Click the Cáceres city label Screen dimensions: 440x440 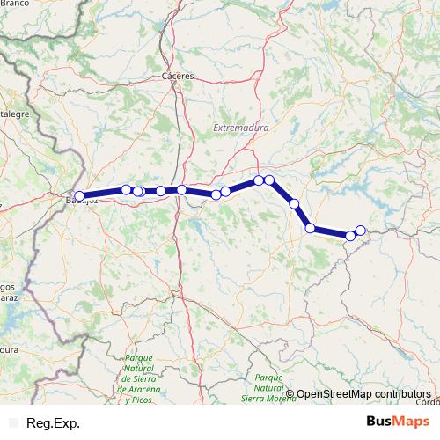[178, 77]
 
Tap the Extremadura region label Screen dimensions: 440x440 [240, 128]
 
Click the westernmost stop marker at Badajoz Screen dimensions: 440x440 [79, 196]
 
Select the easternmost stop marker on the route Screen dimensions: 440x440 [360, 231]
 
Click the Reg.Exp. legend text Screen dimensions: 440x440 [54, 423]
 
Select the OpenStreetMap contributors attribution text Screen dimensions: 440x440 [363, 393]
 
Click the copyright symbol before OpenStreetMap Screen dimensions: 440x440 [290, 393]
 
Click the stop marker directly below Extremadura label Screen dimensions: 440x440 [259, 180]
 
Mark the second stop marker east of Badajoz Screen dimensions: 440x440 [138, 191]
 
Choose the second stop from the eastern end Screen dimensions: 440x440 [350, 235]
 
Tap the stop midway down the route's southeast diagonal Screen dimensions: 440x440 [294, 204]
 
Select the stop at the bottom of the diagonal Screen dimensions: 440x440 [310, 228]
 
